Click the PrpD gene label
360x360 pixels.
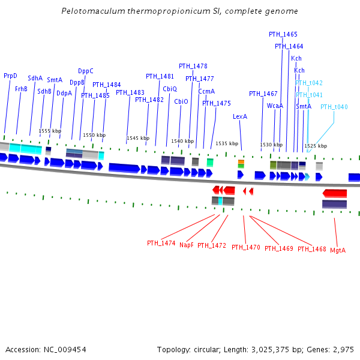click(x=10, y=76)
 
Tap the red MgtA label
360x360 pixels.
click(x=338, y=250)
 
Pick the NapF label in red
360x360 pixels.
click(x=187, y=245)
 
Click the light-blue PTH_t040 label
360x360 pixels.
click(x=334, y=107)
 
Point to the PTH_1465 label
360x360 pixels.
click(x=283, y=35)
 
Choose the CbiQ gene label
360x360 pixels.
click(x=170, y=89)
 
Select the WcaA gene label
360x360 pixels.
click(x=275, y=106)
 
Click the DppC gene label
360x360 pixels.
click(x=86, y=71)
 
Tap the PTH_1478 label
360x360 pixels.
click(x=193, y=66)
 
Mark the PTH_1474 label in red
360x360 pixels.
click(x=161, y=243)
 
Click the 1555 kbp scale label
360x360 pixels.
click(x=50, y=131)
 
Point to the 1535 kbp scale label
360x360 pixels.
click(x=227, y=144)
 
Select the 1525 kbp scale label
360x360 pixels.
click(x=316, y=146)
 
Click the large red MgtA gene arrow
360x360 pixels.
click(x=335, y=193)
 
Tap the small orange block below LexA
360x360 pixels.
click(x=241, y=161)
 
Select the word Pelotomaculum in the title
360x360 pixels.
click(x=89, y=11)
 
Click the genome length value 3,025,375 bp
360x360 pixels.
click(x=274, y=349)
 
